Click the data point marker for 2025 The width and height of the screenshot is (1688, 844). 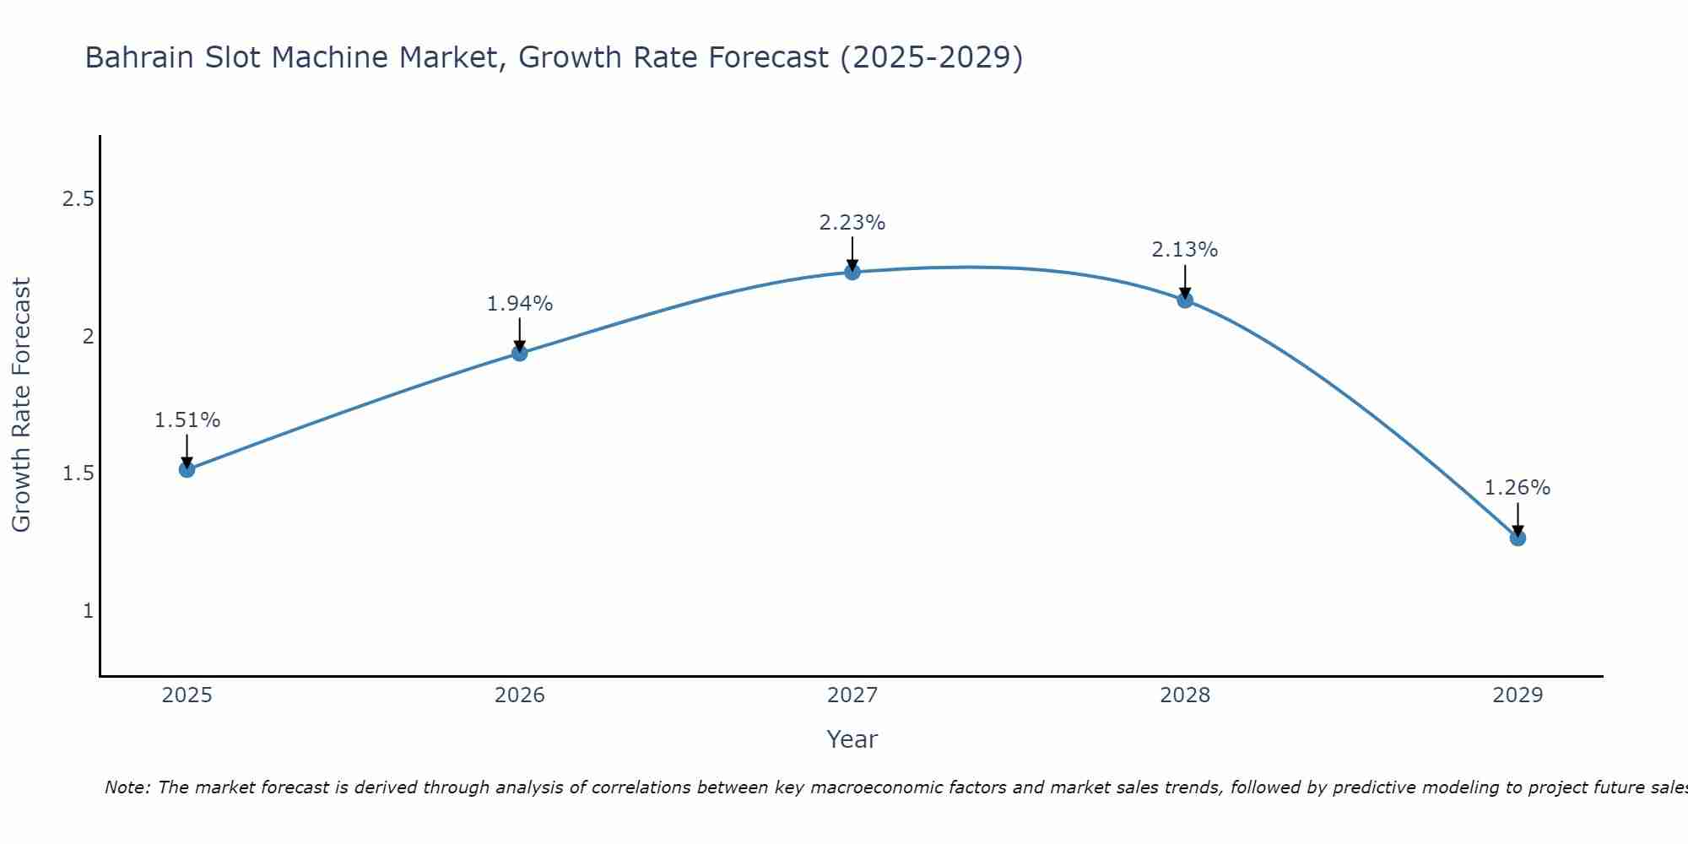point(187,469)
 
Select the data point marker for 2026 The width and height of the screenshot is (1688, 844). point(520,353)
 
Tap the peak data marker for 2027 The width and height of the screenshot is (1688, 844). point(852,272)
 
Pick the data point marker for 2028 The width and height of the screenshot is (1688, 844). point(1185,300)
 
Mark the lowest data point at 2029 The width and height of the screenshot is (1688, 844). point(1518,538)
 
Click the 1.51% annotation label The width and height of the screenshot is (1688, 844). point(187,420)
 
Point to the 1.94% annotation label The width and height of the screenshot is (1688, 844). point(520,304)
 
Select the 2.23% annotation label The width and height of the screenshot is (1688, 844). point(852,223)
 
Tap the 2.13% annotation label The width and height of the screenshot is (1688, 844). point(1185,250)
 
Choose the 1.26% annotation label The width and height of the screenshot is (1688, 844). point(1518,488)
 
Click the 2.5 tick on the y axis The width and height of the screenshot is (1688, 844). point(78,199)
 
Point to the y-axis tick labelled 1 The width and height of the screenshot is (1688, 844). point(88,610)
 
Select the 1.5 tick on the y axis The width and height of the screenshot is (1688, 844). point(78,473)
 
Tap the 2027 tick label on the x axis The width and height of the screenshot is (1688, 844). point(852,695)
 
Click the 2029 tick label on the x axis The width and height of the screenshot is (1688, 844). point(1518,695)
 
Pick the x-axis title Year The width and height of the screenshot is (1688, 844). point(852,739)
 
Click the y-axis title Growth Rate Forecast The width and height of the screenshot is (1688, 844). point(21,405)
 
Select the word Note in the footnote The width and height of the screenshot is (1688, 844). point(127,787)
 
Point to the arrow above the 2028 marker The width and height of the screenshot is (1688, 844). point(1185,280)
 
